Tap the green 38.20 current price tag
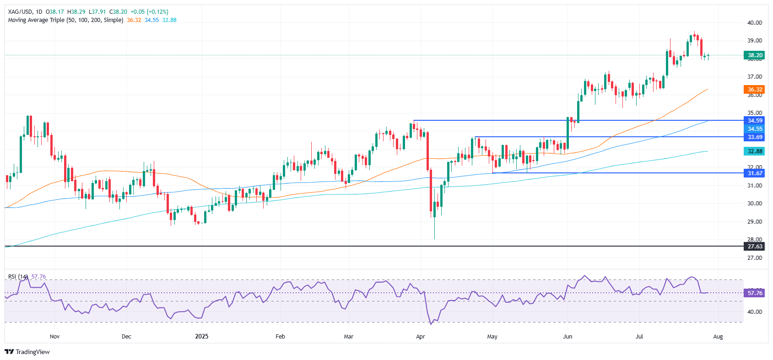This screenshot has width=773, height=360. pos(755,55)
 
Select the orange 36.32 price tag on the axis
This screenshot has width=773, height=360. pos(755,90)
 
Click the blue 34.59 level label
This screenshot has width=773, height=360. pos(755,121)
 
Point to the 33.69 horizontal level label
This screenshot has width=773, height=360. pos(755,137)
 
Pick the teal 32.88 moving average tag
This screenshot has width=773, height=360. pos(755,151)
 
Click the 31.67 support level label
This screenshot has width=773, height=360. pos(755,173)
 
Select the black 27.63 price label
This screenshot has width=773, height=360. pos(755,247)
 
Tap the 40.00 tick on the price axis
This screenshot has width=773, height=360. pos(755,22)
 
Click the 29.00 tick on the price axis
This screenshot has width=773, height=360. pos(755,222)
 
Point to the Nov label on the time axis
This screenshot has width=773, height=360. pos(54,337)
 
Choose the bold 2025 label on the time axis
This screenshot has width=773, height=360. pos(201,337)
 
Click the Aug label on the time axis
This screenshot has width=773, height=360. pos(718,337)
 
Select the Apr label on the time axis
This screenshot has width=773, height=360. pos(421,337)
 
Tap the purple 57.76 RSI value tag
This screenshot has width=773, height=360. pos(755,293)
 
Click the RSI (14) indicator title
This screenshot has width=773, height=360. pos(18,277)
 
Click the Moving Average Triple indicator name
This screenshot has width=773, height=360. pos(65,20)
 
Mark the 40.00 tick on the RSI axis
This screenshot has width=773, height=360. pos(755,312)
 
